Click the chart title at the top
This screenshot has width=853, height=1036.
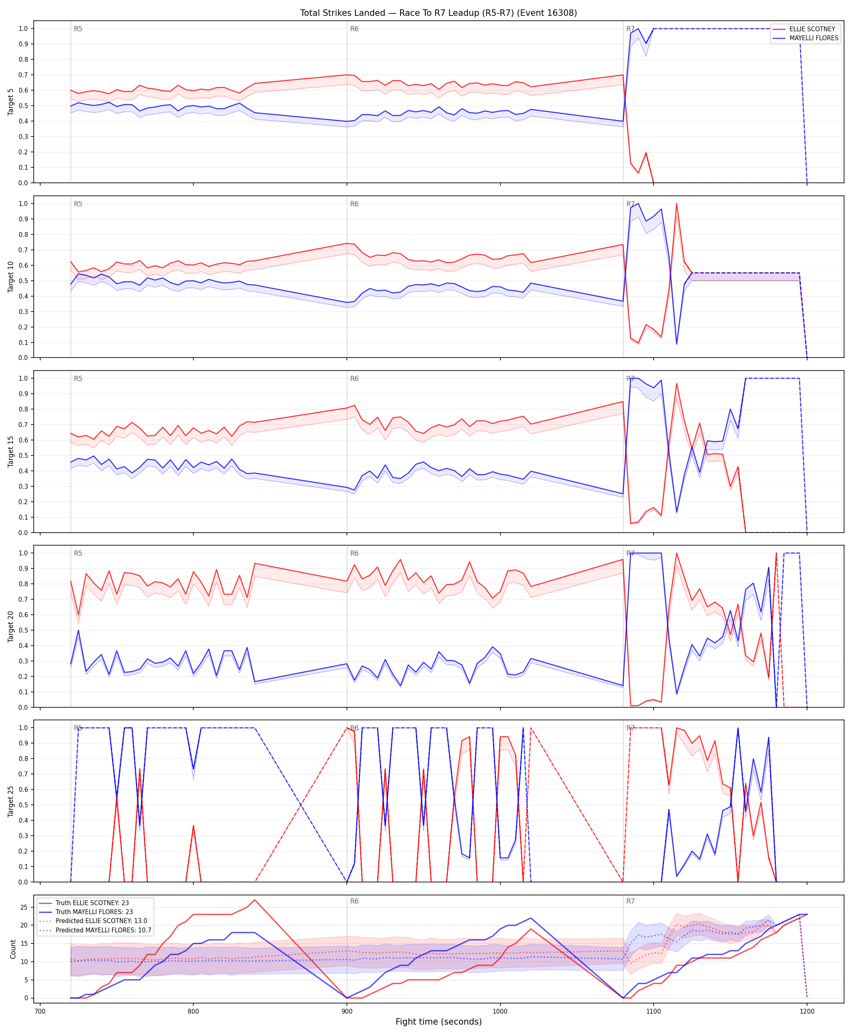(438, 13)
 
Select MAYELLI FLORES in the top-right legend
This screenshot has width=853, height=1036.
(814, 38)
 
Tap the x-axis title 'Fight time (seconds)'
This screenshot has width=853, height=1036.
(438, 1022)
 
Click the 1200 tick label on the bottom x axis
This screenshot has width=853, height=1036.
(807, 1012)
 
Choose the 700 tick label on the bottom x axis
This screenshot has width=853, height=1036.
(40, 1012)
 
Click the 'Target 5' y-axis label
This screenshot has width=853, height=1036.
(11, 102)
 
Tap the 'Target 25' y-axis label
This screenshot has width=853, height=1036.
(11, 801)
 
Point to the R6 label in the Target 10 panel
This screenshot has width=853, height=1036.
(354, 204)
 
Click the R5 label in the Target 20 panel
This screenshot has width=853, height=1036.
(78, 553)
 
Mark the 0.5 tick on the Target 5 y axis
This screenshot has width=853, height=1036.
(23, 106)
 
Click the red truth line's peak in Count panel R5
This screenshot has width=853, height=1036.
(255, 900)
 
